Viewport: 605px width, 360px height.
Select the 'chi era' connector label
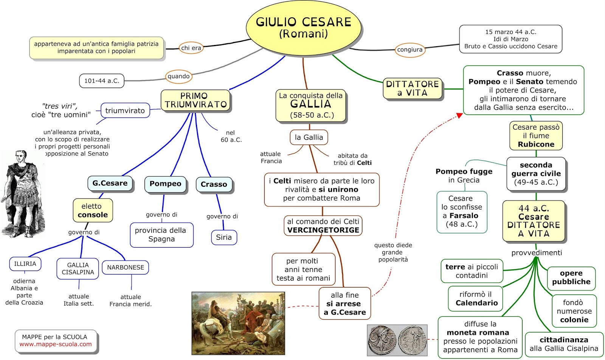pos(191,48)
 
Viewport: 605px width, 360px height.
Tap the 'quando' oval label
pos(178,76)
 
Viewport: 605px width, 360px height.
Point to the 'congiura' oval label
pos(410,50)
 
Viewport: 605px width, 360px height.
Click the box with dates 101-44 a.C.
pos(101,81)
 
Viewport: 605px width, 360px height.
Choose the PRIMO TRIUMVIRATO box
pos(195,100)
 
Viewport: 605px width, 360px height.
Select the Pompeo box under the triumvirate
pos(165,184)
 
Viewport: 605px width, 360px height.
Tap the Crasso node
pos(214,185)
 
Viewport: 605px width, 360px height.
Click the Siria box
pos(224,237)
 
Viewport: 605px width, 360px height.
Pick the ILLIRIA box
pos(25,264)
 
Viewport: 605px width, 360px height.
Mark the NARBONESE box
pos(126,267)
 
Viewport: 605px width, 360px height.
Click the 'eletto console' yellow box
pos(93,211)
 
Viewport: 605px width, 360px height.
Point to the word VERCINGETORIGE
pos(323,230)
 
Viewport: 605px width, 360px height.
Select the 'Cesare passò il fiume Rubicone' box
pos(536,136)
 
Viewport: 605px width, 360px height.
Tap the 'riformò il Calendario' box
pos(476,299)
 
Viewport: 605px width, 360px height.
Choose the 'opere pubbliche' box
pos(571,278)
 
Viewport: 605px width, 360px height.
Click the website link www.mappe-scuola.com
pos(56,344)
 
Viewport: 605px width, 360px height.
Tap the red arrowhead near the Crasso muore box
pos(459,115)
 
